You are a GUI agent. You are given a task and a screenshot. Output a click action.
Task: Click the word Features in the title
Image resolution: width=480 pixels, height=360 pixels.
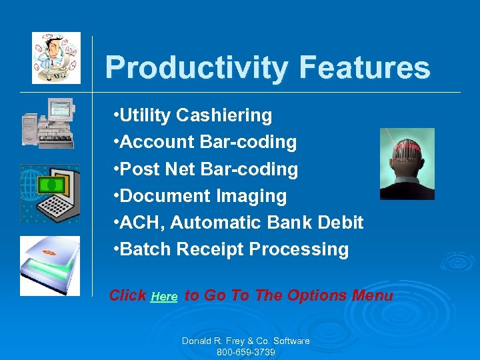tap(365, 68)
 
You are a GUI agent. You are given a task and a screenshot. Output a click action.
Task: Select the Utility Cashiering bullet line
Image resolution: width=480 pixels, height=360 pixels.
tap(193, 115)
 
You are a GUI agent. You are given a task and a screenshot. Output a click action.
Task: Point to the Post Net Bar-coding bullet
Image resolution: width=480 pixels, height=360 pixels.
tap(206, 169)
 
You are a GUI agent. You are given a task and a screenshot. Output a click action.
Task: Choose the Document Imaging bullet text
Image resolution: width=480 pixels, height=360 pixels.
tap(201, 196)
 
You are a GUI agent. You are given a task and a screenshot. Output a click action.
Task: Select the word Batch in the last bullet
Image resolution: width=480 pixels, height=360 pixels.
tap(145, 249)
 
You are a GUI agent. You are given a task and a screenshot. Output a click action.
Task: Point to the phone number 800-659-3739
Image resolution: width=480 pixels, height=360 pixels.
tap(245, 352)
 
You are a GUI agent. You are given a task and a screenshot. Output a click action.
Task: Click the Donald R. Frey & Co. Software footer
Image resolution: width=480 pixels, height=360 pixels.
tap(245, 341)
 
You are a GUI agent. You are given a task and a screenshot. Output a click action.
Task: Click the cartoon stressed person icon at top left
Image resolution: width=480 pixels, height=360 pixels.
tap(56, 58)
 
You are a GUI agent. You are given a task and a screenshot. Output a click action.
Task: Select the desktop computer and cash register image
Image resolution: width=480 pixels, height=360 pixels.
tap(48, 123)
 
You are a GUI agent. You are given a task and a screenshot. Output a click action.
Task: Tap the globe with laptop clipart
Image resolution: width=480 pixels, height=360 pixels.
tap(50, 193)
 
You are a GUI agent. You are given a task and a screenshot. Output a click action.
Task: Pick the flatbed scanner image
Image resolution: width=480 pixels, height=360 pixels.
tap(50, 265)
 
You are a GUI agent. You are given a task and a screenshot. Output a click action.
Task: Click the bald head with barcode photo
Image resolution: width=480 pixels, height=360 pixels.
tap(407, 164)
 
